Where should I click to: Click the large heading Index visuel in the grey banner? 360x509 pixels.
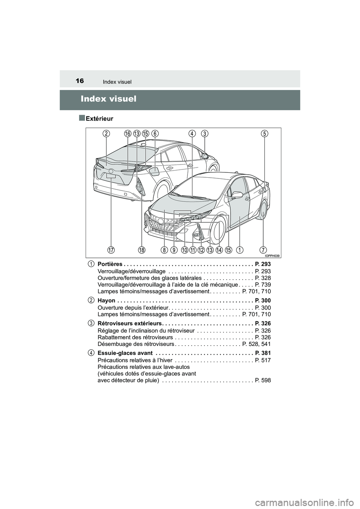tap(109, 99)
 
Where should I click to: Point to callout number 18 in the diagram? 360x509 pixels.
tap(141, 250)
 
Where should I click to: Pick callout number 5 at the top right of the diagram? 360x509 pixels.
tap(265, 133)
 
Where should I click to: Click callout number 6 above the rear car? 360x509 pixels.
tap(155, 133)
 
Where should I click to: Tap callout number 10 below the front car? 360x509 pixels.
tap(184, 250)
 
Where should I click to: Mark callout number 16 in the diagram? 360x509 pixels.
tap(128, 133)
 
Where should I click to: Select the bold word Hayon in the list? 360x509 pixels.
tap(106, 301)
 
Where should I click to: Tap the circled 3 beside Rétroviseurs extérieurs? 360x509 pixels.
tap(91, 323)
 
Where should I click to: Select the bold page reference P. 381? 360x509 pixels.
tap(262, 353)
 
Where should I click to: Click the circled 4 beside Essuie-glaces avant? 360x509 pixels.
tap(91, 353)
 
